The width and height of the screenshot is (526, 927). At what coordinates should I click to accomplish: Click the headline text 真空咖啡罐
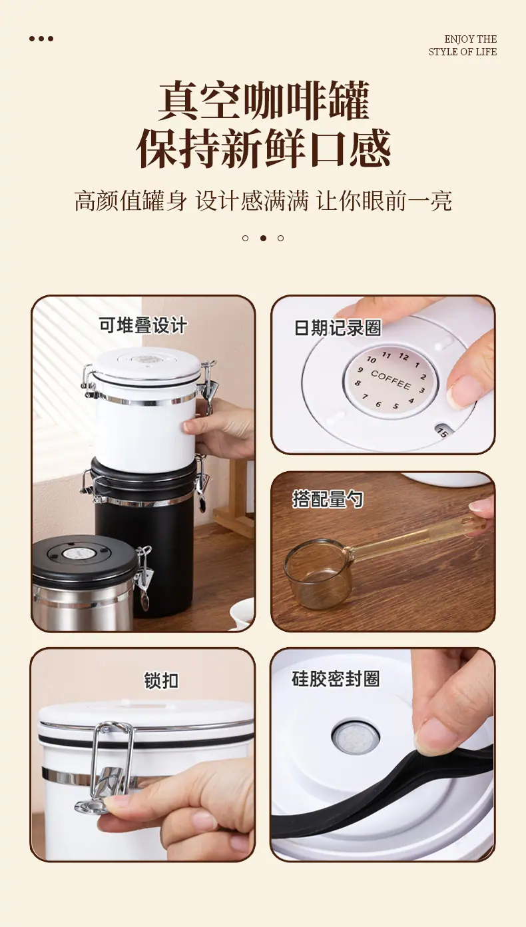(x=264, y=101)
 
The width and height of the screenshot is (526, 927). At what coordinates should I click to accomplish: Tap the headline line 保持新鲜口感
(x=264, y=148)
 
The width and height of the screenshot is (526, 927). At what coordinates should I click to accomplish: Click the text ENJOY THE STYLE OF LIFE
(x=463, y=45)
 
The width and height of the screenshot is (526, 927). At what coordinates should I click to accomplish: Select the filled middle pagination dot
(x=263, y=238)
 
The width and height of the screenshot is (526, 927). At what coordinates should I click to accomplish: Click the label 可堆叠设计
(x=142, y=325)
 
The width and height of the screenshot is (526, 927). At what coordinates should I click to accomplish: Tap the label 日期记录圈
(x=338, y=328)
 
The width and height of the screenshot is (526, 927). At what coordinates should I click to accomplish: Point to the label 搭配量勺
(x=328, y=498)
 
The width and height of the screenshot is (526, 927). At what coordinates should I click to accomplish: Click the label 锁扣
(x=161, y=680)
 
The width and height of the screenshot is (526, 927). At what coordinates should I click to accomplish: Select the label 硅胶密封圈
(x=336, y=678)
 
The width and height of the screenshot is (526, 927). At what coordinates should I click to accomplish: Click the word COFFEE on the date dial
(x=390, y=380)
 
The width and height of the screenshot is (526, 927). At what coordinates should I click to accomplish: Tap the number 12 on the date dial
(x=403, y=357)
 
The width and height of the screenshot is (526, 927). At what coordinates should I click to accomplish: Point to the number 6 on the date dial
(x=378, y=404)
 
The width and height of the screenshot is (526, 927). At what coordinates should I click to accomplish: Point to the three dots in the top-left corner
(x=41, y=39)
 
